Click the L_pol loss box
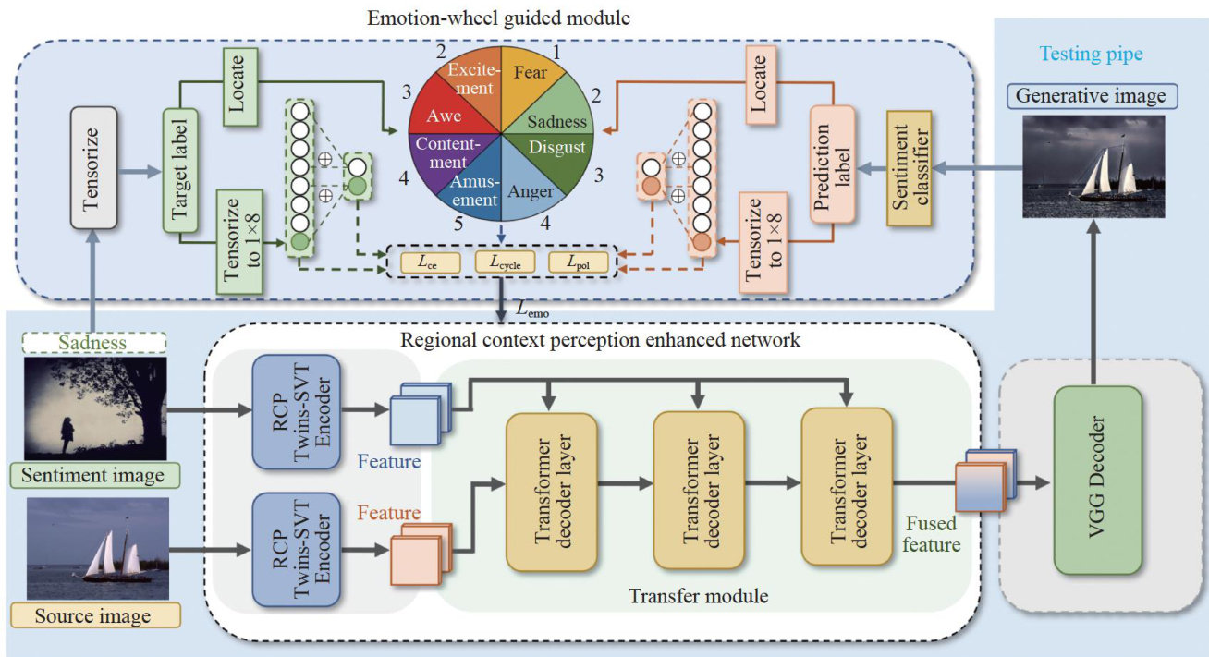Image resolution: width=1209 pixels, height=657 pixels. click(x=578, y=262)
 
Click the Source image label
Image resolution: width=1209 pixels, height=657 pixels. click(x=95, y=614)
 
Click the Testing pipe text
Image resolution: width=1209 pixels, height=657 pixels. click(x=1091, y=55)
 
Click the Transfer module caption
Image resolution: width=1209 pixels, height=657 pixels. click(x=698, y=596)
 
